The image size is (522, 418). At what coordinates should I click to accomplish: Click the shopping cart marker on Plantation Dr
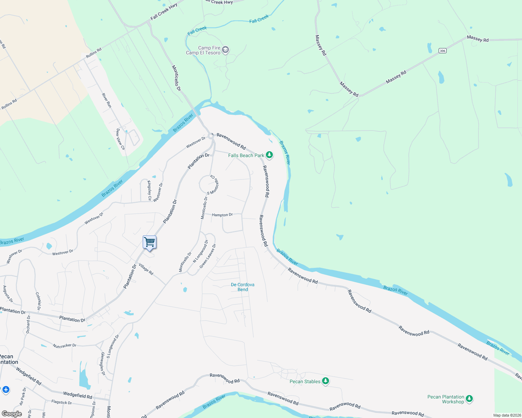click(x=149, y=242)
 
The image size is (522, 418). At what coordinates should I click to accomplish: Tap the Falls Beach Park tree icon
click(x=269, y=155)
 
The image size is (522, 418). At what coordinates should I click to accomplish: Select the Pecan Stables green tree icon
click(x=325, y=381)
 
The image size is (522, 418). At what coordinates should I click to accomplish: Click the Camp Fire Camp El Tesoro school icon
click(x=225, y=50)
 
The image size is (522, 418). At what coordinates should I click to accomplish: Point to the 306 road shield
click(x=442, y=51)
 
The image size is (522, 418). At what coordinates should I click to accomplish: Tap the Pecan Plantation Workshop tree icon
click(x=469, y=398)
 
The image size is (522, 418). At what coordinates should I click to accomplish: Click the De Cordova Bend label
click(x=243, y=287)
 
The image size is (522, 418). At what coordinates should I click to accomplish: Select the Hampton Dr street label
click(x=222, y=215)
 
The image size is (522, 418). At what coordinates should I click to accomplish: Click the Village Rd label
click(x=146, y=269)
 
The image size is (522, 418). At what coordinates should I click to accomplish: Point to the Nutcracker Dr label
click(x=65, y=346)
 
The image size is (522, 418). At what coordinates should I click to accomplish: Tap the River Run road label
click(x=106, y=100)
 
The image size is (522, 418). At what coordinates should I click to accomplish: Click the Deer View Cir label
click(x=120, y=139)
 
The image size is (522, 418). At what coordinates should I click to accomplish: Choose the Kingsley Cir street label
click(x=149, y=191)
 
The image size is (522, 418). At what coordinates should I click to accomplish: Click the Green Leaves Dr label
click(x=208, y=256)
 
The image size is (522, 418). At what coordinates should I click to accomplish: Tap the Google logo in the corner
click(x=12, y=414)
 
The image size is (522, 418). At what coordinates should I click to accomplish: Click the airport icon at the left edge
click(x=6, y=389)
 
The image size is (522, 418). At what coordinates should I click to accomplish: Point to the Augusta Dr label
click(x=8, y=294)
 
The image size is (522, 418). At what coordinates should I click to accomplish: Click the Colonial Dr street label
click(x=38, y=301)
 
